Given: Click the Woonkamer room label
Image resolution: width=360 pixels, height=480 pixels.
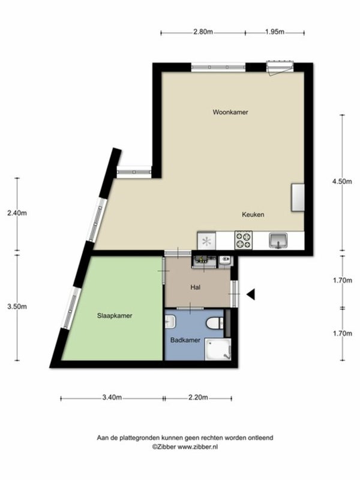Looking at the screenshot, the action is [x=230, y=112].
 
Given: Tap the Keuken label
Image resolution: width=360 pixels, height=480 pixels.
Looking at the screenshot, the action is [x=253, y=215].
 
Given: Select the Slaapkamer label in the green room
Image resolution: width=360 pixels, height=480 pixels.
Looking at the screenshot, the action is [x=115, y=316].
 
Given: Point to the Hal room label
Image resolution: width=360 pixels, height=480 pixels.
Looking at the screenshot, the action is [x=196, y=287].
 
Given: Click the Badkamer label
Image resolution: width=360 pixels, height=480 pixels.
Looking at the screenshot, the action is [x=185, y=340].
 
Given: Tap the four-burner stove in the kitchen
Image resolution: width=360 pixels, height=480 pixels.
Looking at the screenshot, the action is [x=244, y=240].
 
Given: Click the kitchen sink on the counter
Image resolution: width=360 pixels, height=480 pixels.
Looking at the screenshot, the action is [x=278, y=241].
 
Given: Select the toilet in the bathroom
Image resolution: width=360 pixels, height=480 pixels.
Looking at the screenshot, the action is [x=215, y=323].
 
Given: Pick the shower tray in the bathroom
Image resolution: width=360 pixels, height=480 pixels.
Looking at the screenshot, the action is [x=218, y=349].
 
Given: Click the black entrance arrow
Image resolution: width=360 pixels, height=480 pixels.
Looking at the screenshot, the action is [x=251, y=295].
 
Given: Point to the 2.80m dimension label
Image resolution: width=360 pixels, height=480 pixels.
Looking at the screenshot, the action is [x=203, y=32].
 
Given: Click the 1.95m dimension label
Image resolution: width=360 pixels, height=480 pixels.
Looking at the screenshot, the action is [x=275, y=32].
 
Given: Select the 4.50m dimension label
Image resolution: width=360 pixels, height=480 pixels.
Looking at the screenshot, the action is [x=342, y=181].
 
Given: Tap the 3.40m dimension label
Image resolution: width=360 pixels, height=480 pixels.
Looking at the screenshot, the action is [x=112, y=398].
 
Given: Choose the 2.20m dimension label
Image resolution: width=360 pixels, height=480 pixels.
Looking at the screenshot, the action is [x=198, y=398].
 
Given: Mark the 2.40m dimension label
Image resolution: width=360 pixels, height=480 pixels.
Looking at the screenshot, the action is [x=17, y=213].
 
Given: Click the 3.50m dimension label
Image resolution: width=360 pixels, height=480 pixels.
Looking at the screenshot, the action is [x=17, y=307].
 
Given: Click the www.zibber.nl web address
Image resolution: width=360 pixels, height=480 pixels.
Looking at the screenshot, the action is [x=198, y=446].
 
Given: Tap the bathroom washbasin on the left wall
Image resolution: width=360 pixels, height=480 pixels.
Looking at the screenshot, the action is [x=170, y=322].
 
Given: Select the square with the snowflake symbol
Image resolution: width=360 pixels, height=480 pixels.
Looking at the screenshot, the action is [x=206, y=241].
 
